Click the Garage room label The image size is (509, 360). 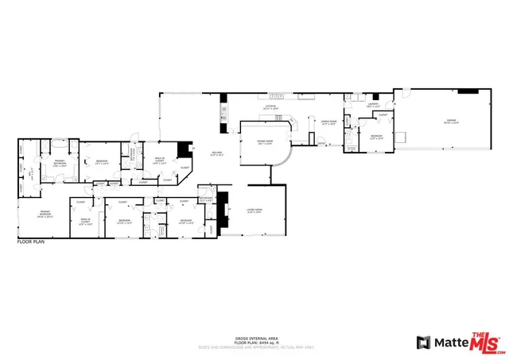pyautogui.click(x=451, y=122)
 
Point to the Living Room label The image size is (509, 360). pyautogui.click(x=254, y=211)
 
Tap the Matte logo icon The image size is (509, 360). pyautogui.click(x=424, y=343)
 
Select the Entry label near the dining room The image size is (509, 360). pyautogui.click(x=322, y=144)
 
